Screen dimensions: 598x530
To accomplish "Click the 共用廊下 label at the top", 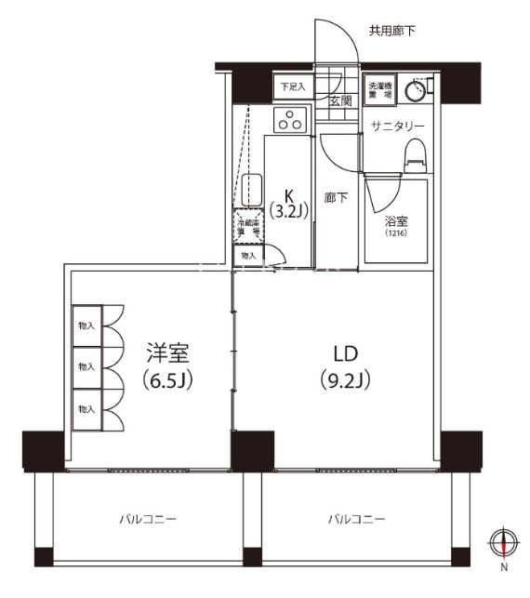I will click(391, 31).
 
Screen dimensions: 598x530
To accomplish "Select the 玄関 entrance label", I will click(340, 100).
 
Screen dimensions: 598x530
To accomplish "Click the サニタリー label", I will click(397, 126).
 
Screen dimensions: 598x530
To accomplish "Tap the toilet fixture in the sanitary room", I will click(415, 155).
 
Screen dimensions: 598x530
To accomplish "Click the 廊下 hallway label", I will click(336, 198).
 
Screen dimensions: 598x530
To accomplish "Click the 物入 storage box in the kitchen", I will click(247, 254).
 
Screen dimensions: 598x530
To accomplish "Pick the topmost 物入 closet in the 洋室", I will click(86, 326).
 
